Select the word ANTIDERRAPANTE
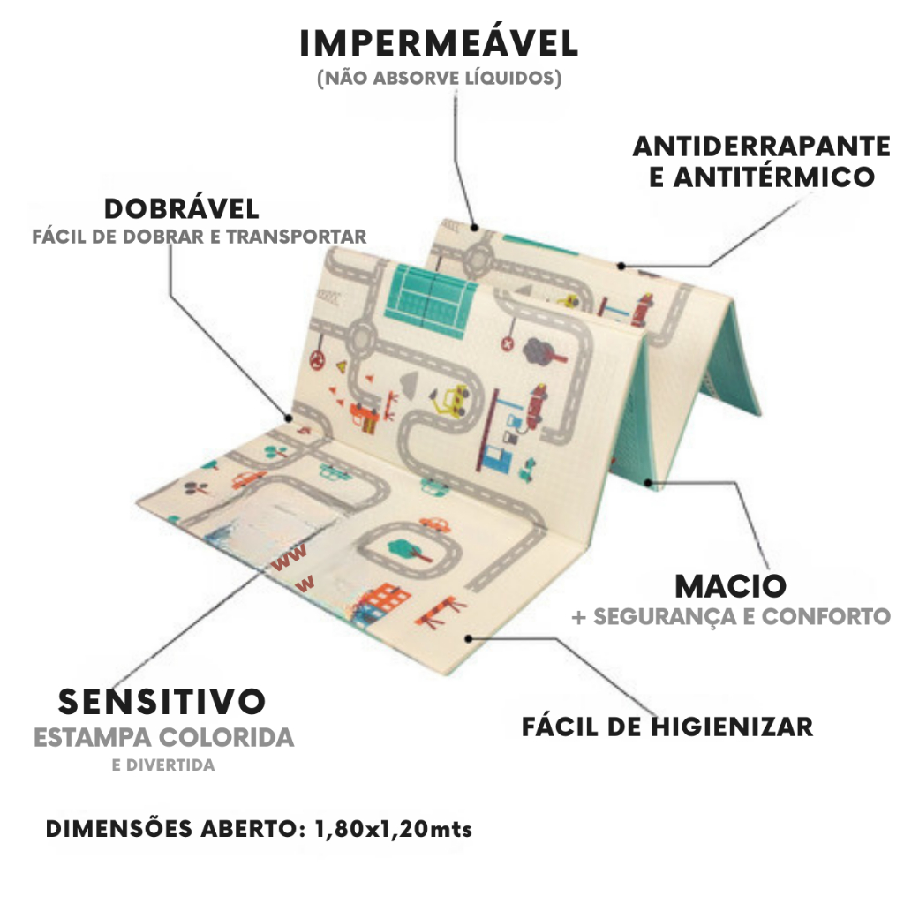tap(761, 147)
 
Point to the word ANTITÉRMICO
tap(773, 177)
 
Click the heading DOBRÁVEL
tap(182, 208)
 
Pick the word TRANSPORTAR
tap(296, 237)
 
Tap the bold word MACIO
tap(730, 586)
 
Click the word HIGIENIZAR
tap(732, 727)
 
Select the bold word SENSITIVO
tap(162, 702)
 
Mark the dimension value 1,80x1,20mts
tap(393, 829)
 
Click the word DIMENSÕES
tap(119, 828)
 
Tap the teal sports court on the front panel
tap(431, 301)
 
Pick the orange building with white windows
tap(383, 602)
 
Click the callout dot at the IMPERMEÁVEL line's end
tap(474, 228)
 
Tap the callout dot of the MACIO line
tap(648, 483)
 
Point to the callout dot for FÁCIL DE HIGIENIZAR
tap(469, 639)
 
